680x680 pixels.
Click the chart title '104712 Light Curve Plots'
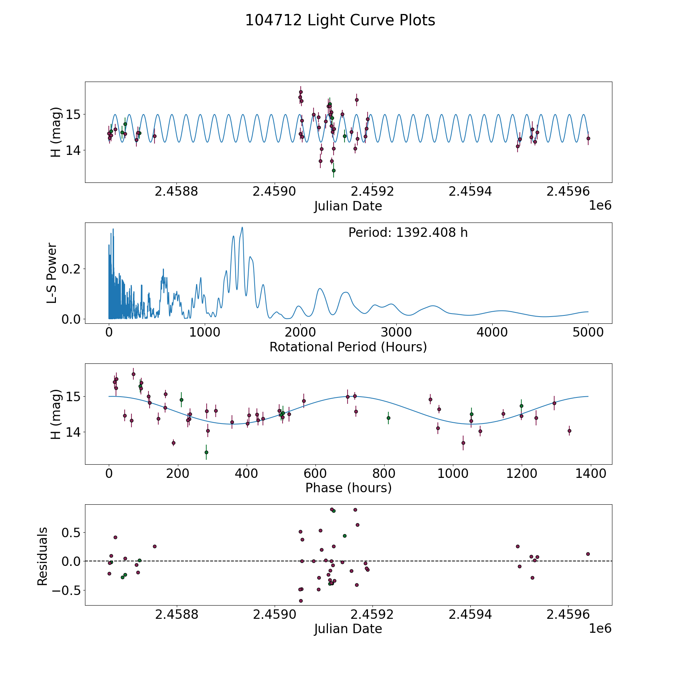point(340,20)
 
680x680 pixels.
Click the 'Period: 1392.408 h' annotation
point(408,233)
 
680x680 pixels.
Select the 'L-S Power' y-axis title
point(52,273)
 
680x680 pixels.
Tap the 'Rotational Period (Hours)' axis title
point(348,347)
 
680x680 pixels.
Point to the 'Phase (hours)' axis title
point(348,488)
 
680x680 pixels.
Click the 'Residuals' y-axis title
point(43,556)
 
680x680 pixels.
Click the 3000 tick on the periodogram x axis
point(396,333)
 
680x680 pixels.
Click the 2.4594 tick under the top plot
point(470,192)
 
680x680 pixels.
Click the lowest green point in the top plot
point(334,170)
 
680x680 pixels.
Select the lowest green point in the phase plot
point(206,452)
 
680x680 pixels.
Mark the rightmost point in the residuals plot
point(588,554)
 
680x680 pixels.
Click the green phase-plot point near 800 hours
point(388,418)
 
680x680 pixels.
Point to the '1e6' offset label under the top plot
point(600,206)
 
